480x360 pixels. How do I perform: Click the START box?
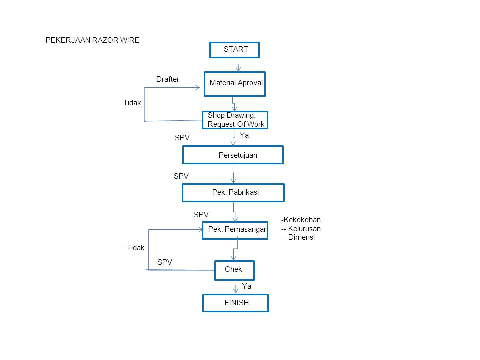click(x=235, y=50)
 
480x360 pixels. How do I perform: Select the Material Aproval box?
click(x=235, y=84)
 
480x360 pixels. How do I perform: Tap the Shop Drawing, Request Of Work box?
click(x=235, y=120)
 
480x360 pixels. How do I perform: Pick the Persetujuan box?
click(x=233, y=155)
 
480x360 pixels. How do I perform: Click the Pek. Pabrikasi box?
click(x=233, y=193)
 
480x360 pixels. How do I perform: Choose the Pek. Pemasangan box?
click(x=235, y=231)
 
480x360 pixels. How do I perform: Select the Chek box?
click(x=235, y=270)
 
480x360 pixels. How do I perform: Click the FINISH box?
click(x=235, y=303)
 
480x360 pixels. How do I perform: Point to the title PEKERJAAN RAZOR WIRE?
click(x=93, y=40)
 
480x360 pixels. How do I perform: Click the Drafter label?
click(x=168, y=79)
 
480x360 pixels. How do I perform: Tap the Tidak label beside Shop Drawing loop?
click(x=132, y=103)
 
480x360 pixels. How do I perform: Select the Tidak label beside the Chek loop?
click(x=136, y=248)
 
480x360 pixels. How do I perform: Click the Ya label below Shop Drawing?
click(x=244, y=135)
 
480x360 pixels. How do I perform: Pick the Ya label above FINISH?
click(x=246, y=286)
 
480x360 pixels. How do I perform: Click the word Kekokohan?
click(x=302, y=220)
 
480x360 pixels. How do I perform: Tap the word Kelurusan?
click(x=304, y=228)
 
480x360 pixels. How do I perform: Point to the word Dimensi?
click(x=301, y=237)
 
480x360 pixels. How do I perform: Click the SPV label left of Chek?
click(x=165, y=262)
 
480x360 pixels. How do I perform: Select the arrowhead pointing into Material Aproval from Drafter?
click(x=198, y=88)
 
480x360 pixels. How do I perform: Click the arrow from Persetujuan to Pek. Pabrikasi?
click(x=233, y=174)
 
